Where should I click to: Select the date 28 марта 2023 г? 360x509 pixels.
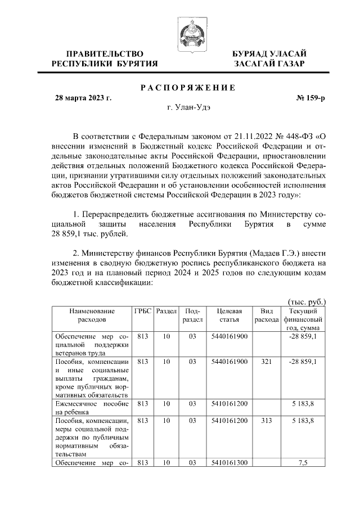(83, 98)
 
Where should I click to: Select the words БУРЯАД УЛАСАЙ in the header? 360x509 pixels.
(270, 53)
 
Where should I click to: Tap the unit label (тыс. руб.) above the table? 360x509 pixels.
(307, 302)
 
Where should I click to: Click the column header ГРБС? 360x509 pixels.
(142, 311)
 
